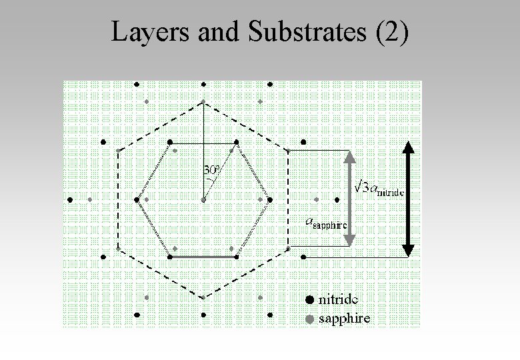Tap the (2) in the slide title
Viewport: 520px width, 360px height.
tap(393, 31)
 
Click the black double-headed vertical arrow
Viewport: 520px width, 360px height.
tap(409, 199)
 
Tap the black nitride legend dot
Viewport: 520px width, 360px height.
tap(309, 299)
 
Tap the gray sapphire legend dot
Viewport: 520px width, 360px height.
tap(309, 319)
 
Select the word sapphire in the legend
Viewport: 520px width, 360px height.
tap(344, 319)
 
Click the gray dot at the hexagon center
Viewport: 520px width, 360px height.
tap(203, 199)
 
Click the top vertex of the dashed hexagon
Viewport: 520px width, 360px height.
tap(203, 102)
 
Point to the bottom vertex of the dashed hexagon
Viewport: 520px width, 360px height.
tap(203, 297)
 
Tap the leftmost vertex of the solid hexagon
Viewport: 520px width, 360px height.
tap(137, 199)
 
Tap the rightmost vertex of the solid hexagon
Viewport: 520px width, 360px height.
tap(270, 199)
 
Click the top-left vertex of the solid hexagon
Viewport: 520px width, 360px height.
tap(170, 142)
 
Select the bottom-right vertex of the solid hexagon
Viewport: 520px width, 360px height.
tap(237, 257)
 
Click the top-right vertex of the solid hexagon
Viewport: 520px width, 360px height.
tap(237, 142)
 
